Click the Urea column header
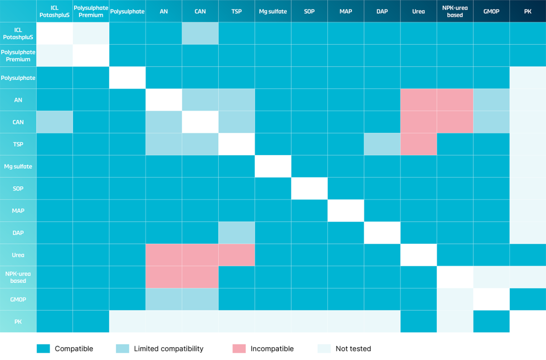click(419, 11)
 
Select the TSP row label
click(18, 144)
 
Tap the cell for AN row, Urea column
click(419, 100)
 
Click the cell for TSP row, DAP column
click(382, 144)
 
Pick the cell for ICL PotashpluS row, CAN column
click(200, 33)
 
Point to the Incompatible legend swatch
click(239, 349)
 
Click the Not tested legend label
click(353, 349)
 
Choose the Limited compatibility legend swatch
click(122, 349)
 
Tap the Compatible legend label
click(74, 349)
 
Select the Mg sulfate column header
click(273, 11)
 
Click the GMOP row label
click(18, 299)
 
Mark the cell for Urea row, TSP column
click(237, 255)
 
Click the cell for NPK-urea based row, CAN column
click(200, 277)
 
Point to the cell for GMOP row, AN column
click(164, 299)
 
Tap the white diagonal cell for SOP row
click(309, 188)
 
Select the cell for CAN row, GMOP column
click(491, 122)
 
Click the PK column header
click(528, 11)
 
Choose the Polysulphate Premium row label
click(18, 55)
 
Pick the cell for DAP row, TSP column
click(237, 233)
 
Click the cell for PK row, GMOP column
click(491, 322)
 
